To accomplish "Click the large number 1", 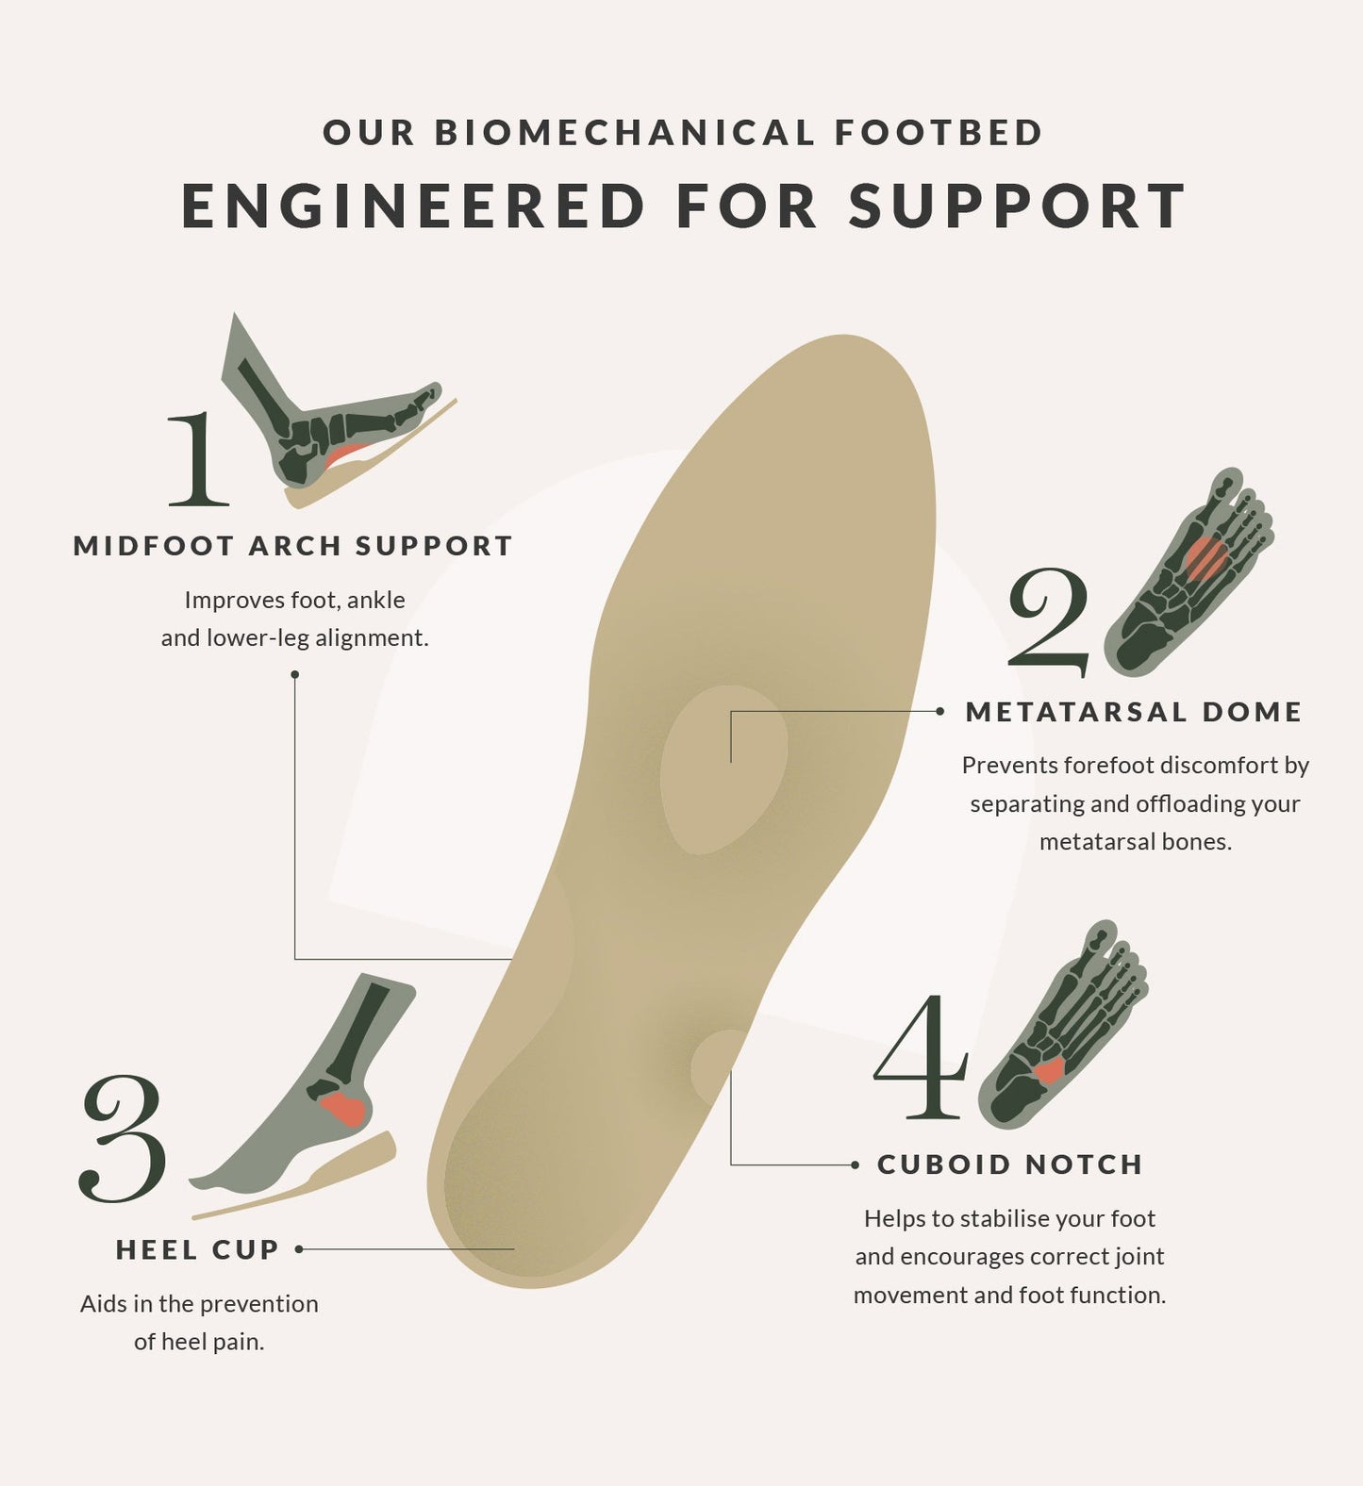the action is click(198, 458).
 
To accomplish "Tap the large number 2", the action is click(1048, 621).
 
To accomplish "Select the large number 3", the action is click(124, 1139).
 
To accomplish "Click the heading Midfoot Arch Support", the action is click(293, 546).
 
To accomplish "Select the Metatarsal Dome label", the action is click(1134, 712).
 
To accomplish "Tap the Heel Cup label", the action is click(198, 1249).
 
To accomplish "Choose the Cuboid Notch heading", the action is click(1010, 1164).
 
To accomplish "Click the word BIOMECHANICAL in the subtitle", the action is click(624, 132).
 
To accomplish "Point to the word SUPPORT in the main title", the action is click(1017, 206).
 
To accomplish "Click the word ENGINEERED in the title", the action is click(413, 206).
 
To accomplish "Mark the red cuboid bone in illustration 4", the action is click(1049, 1070).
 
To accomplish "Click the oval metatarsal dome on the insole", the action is click(723, 769).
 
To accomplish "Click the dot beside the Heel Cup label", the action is click(299, 1249).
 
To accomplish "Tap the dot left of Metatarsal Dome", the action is click(939, 712).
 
